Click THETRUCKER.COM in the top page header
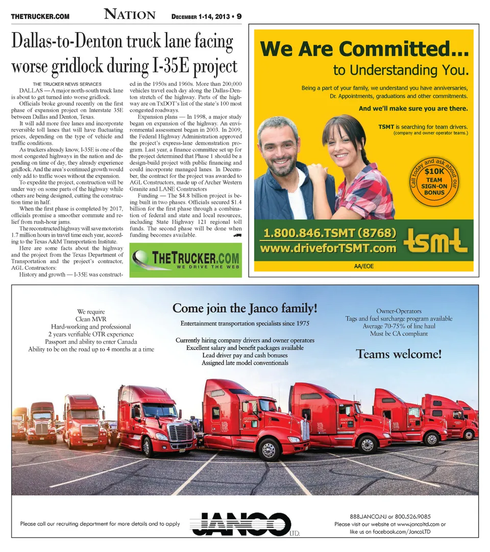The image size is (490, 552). point(40,17)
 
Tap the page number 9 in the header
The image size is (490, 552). point(239,16)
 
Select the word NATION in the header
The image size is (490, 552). point(130,15)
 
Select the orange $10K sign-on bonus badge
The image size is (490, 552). point(434,181)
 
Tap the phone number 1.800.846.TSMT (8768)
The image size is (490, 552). point(330,234)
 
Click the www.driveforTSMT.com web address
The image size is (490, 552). point(328,248)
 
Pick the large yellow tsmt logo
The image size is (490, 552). point(435,241)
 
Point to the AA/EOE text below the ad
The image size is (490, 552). point(363,266)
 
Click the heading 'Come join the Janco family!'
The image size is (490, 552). point(245,309)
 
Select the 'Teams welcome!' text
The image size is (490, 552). point(399,354)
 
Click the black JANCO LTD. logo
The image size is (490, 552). point(244,523)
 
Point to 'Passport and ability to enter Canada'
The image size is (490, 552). point(91,341)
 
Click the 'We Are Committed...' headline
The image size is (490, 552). point(364,49)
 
